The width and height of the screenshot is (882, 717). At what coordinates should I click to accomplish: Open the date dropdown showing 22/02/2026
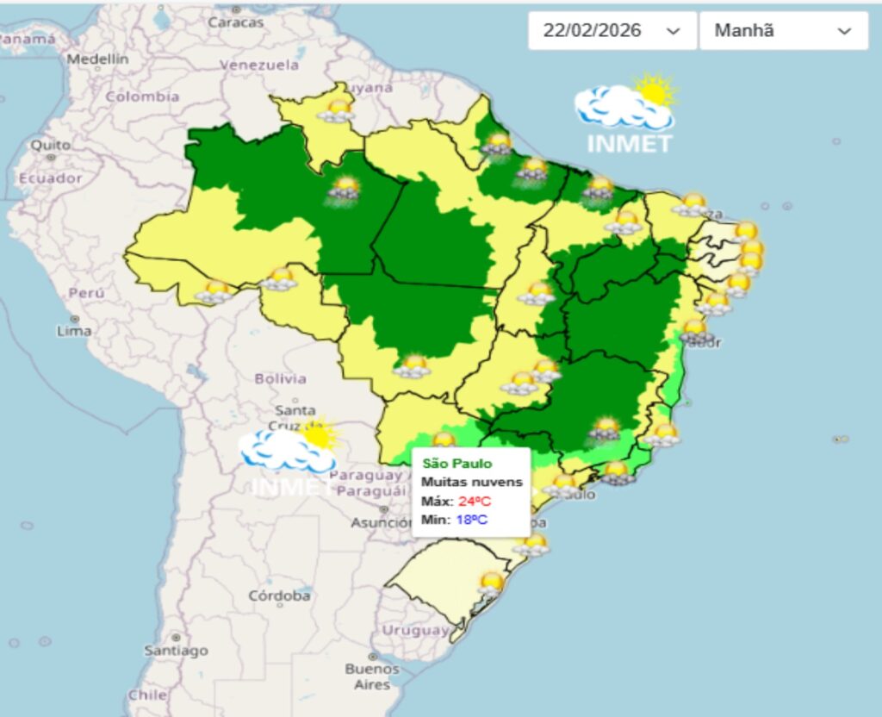pos(611,31)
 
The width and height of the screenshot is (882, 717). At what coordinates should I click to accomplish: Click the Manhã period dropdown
pos(782,31)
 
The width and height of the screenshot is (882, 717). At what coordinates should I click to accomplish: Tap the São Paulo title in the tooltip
pos(457,464)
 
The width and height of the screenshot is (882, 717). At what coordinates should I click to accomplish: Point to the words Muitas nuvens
pos(471,483)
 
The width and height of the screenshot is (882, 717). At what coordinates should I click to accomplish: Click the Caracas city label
pos(234,22)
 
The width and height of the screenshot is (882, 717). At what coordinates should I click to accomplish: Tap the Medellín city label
pos(97,59)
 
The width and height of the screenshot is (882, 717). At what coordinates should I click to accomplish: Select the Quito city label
pos(50,145)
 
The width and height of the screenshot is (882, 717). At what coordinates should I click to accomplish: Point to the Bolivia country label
pos(280,378)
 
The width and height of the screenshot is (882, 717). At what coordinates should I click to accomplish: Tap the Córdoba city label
pos(279,595)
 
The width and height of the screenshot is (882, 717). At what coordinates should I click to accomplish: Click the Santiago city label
pos(176,651)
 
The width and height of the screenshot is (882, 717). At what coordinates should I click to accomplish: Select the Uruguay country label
pos(415,630)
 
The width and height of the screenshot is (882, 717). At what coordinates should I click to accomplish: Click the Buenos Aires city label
pos(371,676)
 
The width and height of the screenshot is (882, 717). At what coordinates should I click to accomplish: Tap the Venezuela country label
pos(258,65)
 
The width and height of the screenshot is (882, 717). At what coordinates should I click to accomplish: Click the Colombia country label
pos(142,97)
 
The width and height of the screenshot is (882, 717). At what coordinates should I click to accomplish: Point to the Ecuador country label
pos(51,178)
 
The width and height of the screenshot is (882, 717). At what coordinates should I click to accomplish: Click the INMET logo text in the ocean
pos(629,143)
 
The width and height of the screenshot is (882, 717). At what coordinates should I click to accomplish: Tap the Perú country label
pos(86,293)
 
